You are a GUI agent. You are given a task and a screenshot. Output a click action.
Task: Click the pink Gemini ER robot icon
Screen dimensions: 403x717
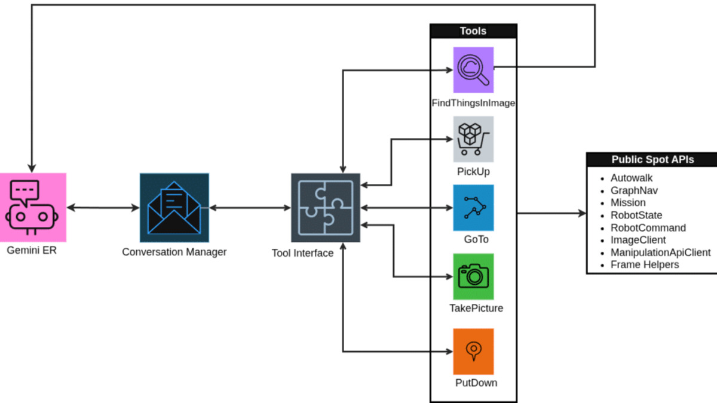pyautogui.click(x=33, y=207)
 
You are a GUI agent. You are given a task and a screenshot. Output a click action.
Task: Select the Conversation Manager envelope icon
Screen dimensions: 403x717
pyautogui.click(x=174, y=207)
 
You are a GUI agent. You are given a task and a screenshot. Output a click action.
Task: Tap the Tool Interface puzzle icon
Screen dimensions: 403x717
pyautogui.click(x=326, y=207)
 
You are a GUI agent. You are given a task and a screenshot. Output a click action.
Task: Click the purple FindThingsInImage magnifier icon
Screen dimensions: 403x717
pyautogui.click(x=473, y=70)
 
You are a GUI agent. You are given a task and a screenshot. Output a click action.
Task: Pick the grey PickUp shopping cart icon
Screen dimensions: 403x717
pyautogui.click(x=473, y=139)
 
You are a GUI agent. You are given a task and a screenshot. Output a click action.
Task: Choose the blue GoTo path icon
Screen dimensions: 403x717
pyautogui.click(x=473, y=208)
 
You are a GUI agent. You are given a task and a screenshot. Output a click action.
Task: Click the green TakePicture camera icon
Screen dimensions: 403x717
pyautogui.click(x=473, y=276)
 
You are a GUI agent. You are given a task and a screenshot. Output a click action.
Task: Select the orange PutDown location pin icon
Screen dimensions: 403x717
pyautogui.click(x=473, y=351)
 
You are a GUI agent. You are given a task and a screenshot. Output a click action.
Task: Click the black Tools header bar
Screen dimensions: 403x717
pyautogui.click(x=473, y=31)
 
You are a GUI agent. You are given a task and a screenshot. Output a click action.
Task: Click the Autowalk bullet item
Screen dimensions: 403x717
pyautogui.click(x=632, y=178)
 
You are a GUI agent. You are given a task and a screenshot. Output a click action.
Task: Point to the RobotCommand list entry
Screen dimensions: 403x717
pyautogui.click(x=648, y=227)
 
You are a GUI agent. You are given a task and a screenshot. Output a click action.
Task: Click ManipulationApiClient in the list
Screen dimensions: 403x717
pyautogui.click(x=660, y=253)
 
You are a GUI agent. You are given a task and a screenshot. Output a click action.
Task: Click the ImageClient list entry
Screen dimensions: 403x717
pyautogui.click(x=638, y=240)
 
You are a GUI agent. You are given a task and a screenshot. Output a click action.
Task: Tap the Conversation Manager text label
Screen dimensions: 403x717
pyautogui.click(x=174, y=252)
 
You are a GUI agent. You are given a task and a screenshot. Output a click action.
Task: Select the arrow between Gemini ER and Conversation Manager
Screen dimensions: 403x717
pyautogui.click(x=103, y=208)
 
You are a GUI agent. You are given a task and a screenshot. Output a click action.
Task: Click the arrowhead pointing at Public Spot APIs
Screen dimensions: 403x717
pyautogui.click(x=581, y=213)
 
